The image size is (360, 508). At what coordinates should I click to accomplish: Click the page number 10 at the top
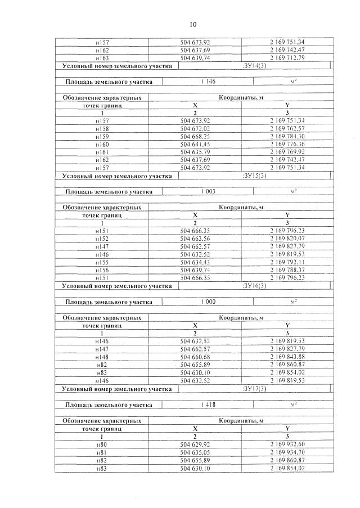(x=193, y=24)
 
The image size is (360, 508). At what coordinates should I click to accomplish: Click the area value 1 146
(x=208, y=82)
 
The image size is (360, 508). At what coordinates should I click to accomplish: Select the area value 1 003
(x=208, y=192)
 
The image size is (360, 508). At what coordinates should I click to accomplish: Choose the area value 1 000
(x=208, y=302)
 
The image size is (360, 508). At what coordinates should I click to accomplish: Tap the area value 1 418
(x=208, y=404)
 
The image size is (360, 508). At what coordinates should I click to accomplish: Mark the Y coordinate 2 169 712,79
(x=287, y=58)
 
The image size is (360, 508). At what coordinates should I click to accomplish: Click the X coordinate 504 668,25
(x=195, y=137)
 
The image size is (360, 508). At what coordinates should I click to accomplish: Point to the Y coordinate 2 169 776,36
(x=287, y=145)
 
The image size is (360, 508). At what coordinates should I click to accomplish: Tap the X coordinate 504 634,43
(x=195, y=263)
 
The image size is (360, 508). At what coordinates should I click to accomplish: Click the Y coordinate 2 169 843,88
(x=287, y=357)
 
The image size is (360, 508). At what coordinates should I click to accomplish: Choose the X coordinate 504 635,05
(x=195, y=452)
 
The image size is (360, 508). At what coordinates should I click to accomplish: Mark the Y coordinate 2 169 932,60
(x=287, y=444)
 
